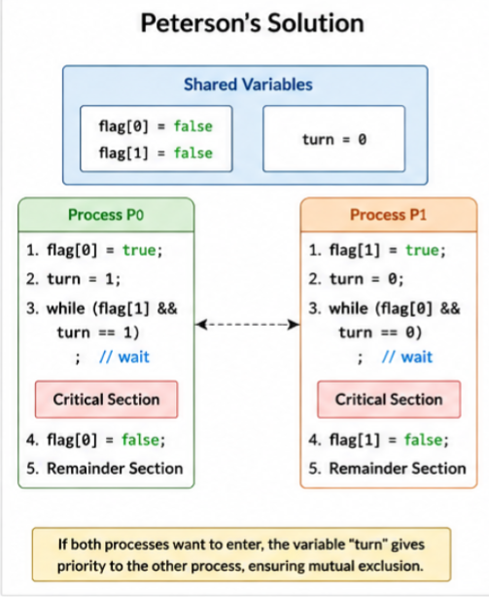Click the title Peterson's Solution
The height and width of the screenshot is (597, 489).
click(253, 23)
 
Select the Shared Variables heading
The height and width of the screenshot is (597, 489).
click(248, 85)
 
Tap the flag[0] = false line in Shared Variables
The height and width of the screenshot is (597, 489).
click(156, 126)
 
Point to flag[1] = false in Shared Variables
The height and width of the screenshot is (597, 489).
click(156, 153)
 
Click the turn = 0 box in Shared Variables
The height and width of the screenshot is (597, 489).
click(333, 139)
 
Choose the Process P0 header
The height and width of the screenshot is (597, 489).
click(106, 215)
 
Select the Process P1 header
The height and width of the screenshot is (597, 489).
click(388, 215)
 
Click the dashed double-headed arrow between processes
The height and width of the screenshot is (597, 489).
click(248, 325)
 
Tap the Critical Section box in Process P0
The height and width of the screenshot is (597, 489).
click(106, 400)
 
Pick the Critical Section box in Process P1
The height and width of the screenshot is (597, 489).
click(389, 400)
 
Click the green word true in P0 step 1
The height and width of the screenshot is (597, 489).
click(139, 250)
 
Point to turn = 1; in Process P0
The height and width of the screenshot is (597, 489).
click(84, 279)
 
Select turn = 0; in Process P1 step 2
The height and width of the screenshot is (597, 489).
click(367, 279)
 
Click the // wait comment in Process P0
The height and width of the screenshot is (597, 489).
click(124, 357)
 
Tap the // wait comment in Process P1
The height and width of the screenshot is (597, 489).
click(407, 357)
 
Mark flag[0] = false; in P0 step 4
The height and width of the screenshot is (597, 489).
click(106, 440)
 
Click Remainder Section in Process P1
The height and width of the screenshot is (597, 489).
click(398, 469)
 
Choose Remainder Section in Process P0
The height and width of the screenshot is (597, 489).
click(115, 469)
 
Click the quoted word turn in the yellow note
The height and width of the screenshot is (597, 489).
click(368, 544)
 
